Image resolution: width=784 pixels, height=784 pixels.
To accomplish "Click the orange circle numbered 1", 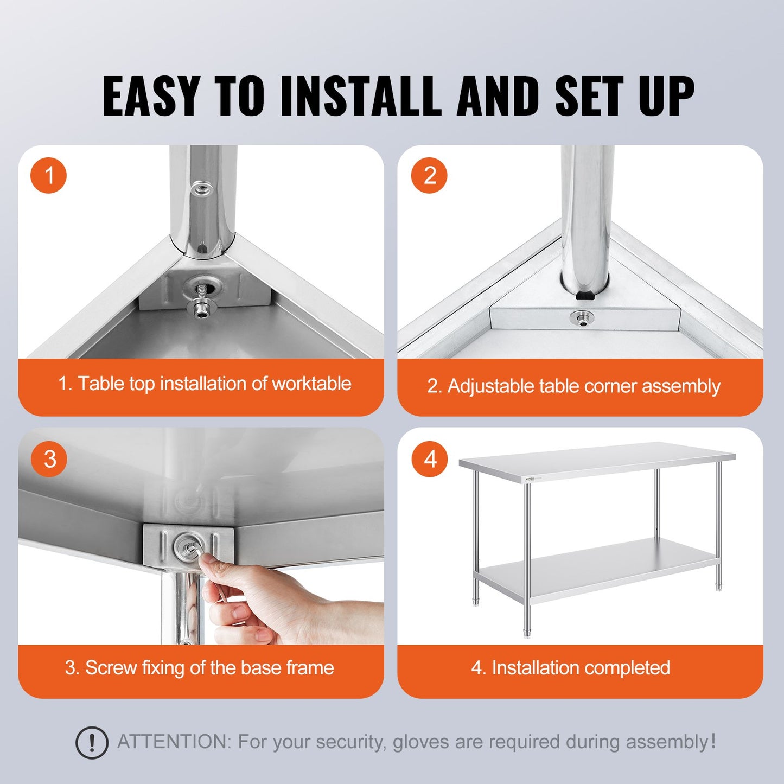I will tap(49, 176).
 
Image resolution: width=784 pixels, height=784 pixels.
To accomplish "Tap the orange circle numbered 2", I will tap(429, 176).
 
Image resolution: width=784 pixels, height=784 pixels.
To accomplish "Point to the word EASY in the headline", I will tap(151, 96).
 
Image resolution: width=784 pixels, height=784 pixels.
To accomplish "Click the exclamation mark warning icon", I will tap(92, 742).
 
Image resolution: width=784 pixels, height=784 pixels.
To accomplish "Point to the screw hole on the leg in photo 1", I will tap(201, 189).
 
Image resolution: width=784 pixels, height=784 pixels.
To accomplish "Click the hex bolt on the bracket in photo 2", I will tap(582, 318).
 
